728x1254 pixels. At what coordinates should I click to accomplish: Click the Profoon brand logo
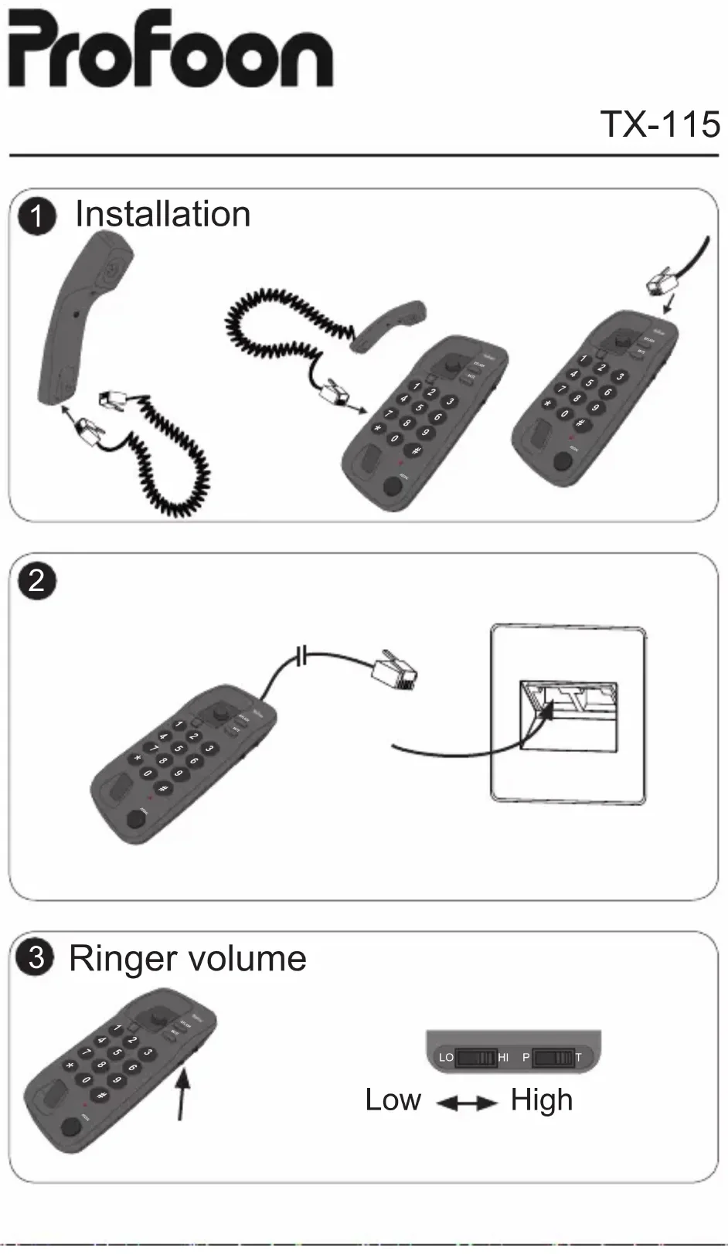pos(170,50)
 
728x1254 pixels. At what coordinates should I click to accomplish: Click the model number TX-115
pos(660,124)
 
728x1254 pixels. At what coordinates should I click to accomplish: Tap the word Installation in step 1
pos(162,214)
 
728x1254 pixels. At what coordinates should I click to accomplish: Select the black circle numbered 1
pos(37,216)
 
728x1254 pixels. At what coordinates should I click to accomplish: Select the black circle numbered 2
pos(37,579)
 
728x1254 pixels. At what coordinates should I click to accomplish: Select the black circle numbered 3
pos(36,958)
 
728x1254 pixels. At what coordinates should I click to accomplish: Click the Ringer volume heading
pos(188,959)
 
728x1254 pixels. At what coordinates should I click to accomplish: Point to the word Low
pos(393,1099)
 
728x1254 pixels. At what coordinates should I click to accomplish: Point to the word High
pos(542,1099)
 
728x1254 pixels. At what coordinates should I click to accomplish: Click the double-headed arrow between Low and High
pos(467,1103)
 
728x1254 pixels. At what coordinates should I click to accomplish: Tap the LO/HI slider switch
pos(475,1057)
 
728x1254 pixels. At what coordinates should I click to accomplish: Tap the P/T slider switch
pos(553,1057)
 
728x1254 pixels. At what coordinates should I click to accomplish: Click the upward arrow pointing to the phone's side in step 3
pos(183,1089)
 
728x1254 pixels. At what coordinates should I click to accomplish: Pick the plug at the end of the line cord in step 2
pos(394,669)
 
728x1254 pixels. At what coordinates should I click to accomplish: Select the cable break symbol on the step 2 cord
pos(301,658)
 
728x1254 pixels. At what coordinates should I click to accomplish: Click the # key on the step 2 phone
pos(163,789)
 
